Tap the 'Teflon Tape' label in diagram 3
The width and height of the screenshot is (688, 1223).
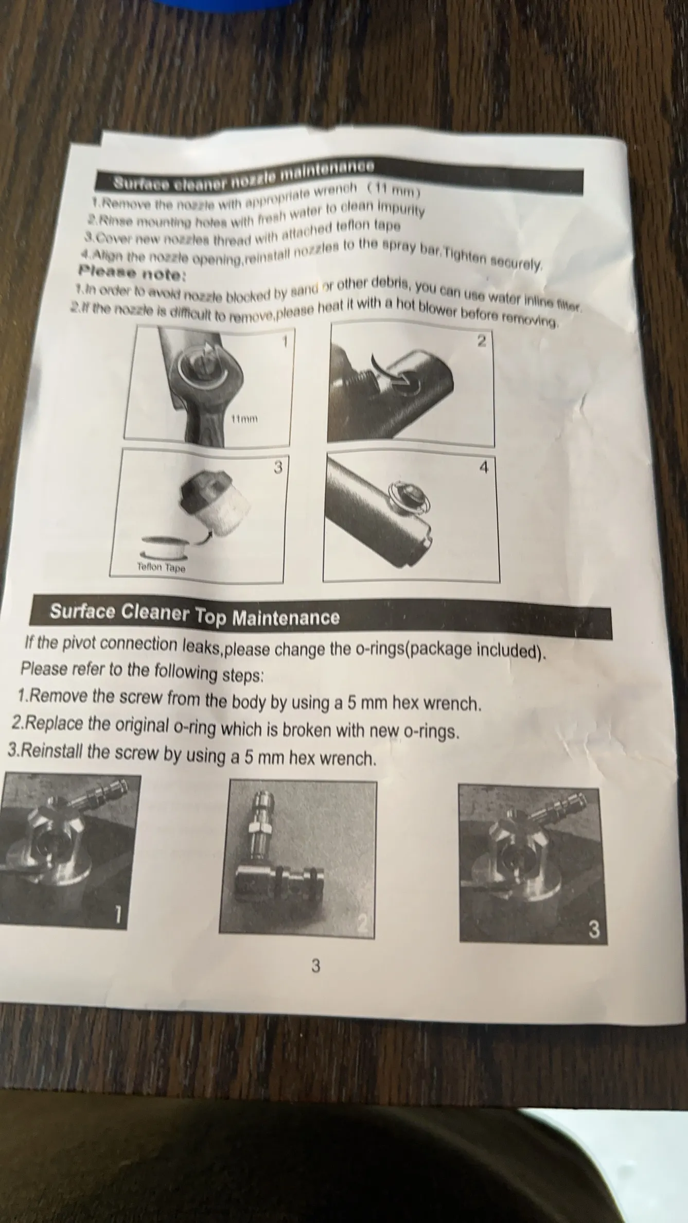coord(161,568)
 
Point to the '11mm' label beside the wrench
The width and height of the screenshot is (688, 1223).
coord(244,419)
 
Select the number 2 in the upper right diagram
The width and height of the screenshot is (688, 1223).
coord(481,341)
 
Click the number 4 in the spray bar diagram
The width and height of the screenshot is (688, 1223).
coord(483,467)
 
